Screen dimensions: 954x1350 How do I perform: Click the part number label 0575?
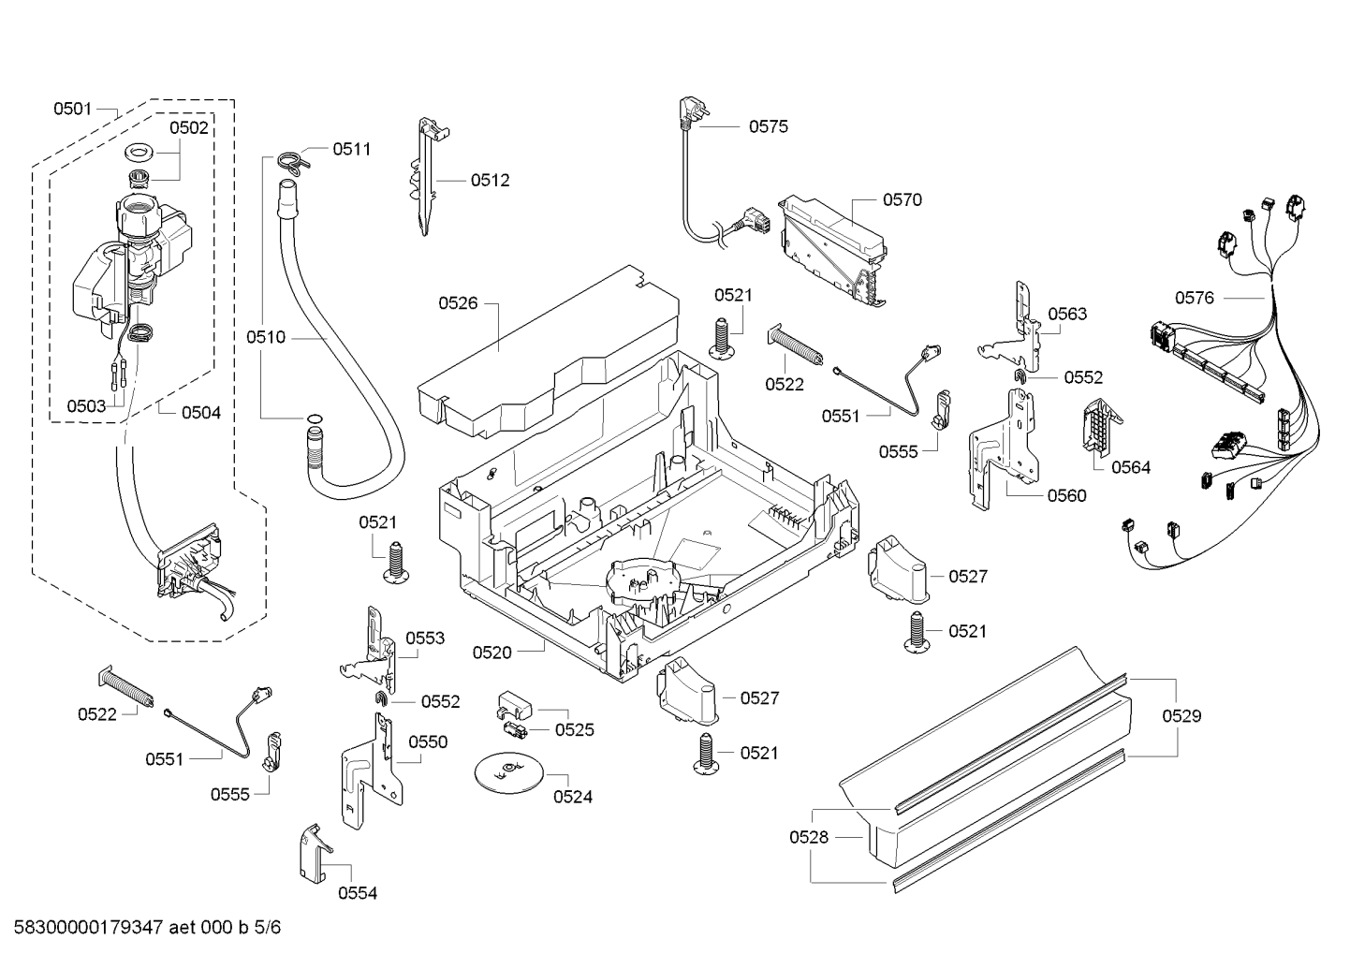click(768, 126)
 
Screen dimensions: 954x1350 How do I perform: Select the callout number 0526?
click(458, 302)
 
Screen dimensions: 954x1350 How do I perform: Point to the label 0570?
click(902, 199)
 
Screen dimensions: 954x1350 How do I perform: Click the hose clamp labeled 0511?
click(293, 161)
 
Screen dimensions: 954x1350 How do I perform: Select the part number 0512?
click(490, 180)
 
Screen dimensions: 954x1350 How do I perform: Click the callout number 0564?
click(1131, 467)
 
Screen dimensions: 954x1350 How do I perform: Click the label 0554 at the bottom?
click(358, 893)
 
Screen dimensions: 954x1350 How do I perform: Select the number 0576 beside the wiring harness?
click(1195, 298)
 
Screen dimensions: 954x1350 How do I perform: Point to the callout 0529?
click(1181, 716)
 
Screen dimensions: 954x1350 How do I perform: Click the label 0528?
click(809, 837)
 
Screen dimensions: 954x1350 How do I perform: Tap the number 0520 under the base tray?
click(492, 652)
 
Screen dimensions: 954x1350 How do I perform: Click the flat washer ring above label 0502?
click(140, 151)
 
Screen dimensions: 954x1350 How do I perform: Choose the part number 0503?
click(86, 405)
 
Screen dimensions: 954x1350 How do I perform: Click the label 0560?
click(1067, 495)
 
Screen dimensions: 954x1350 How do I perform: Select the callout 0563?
click(1067, 314)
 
